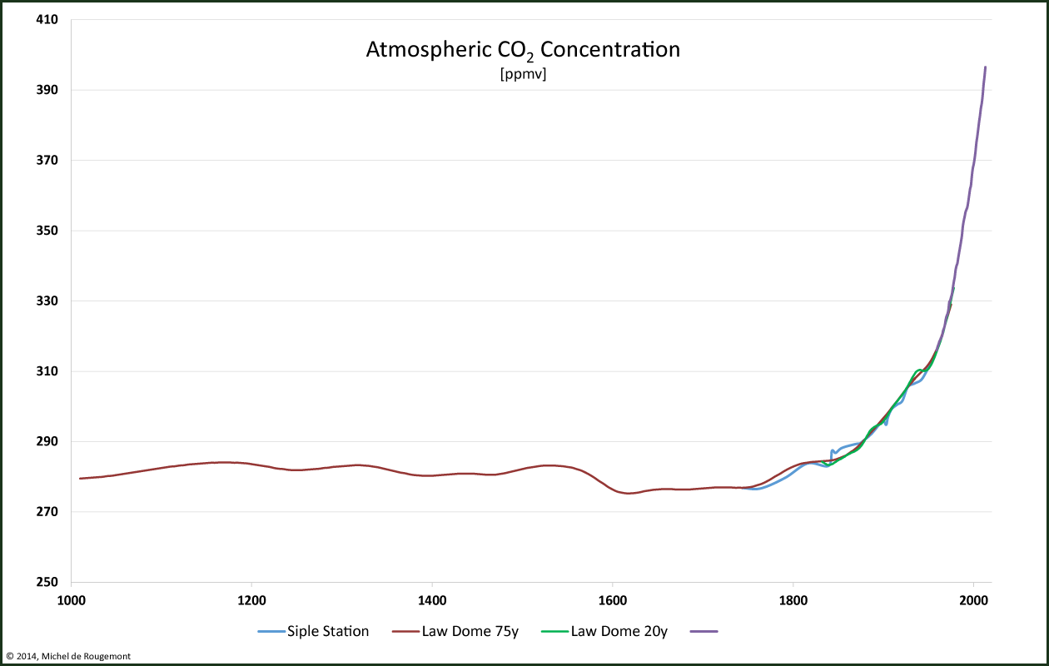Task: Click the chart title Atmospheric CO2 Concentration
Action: pyautogui.click(x=523, y=50)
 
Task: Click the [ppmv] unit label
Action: pyautogui.click(x=523, y=74)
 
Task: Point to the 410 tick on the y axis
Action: pyautogui.click(x=47, y=19)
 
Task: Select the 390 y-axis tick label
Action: pyautogui.click(x=47, y=90)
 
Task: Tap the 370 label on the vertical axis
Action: pyautogui.click(x=47, y=160)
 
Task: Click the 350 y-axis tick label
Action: pyautogui.click(x=47, y=231)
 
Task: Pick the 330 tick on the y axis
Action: pyautogui.click(x=47, y=301)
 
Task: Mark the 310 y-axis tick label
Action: pyautogui.click(x=47, y=371)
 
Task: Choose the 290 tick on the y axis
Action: pyautogui.click(x=47, y=441)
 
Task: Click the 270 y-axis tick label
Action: pyautogui.click(x=47, y=512)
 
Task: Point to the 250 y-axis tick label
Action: pyautogui.click(x=47, y=582)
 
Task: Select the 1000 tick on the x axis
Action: pyautogui.click(x=71, y=599)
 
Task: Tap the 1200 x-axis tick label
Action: pyautogui.click(x=251, y=599)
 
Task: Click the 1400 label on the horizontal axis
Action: pyautogui.click(x=431, y=599)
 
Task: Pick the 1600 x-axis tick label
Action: pyautogui.click(x=612, y=599)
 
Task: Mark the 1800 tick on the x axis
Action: pyautogui.click(x=793, y=599)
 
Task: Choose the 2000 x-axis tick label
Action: pyautogui.click(x=973, y=599)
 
